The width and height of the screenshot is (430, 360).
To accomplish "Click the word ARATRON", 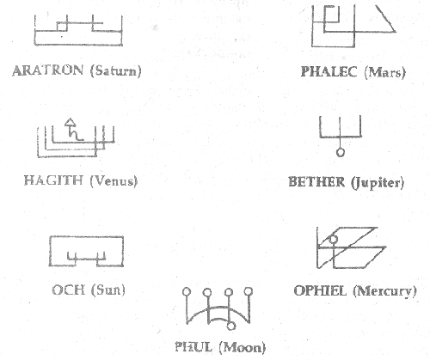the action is tap(48, 70).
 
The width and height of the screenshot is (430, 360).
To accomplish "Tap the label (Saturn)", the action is tap(116, 70).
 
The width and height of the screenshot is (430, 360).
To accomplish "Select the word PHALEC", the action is tap(329, 71).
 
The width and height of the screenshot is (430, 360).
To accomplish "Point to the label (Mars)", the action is tap(385, 72).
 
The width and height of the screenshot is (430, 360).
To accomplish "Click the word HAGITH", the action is tap(53, 180).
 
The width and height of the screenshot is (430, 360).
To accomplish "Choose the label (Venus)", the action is tap(114, 181).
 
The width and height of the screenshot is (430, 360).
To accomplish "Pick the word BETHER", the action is tap(316, 182).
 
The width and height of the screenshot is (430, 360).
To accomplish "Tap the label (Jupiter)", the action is tap(378, 183).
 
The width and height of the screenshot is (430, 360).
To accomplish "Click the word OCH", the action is tap(69, 290).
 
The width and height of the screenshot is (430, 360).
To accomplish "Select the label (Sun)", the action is tap(108, 290).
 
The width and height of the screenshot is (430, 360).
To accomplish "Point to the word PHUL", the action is tap(193, 347).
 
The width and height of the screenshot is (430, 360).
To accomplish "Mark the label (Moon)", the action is tap(243, 347).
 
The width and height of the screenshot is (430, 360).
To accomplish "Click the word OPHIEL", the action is tap(320, 291).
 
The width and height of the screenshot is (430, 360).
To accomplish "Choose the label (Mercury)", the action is tap(384, 291).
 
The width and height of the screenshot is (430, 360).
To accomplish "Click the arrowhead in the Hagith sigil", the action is tap(70, 122).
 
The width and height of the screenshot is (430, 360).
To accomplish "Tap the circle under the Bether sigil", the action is tap(341, 152).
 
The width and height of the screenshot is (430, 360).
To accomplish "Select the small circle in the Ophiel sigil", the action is tap(333, 239).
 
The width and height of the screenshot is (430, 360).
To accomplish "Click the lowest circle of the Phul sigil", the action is tap(230, 326).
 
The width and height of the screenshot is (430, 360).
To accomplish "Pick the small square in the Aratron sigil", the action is tap(62, 27).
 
